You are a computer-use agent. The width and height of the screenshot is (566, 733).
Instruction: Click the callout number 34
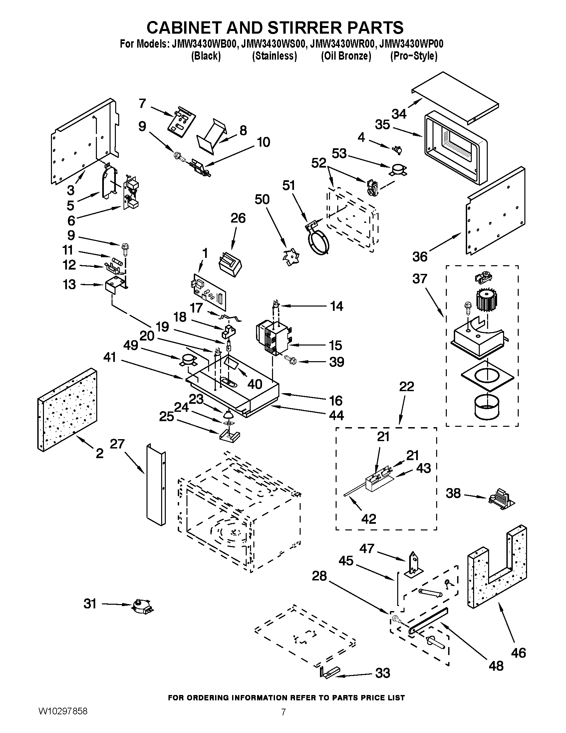[x=399, y=114]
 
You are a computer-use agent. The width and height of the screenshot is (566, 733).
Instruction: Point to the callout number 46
[x=518, y=653]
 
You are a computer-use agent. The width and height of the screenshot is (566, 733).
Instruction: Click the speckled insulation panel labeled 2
[x=67, y=409]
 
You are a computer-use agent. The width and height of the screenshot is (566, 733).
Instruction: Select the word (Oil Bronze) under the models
[x=346, y=56]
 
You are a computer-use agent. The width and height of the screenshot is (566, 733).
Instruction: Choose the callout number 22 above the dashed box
[x=407, y=386]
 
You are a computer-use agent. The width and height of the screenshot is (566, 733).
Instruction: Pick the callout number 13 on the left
[x=69, y=285]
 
